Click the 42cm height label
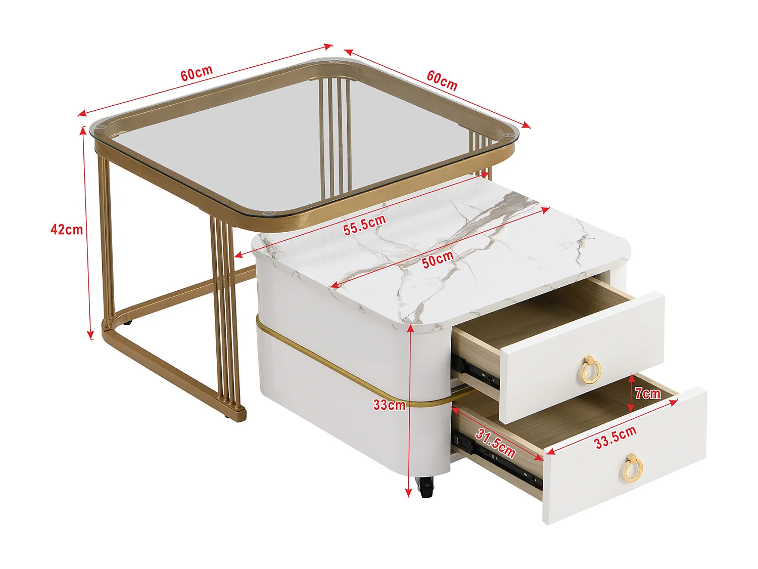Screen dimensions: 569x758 66,230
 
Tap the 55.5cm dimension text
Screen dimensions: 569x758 364,225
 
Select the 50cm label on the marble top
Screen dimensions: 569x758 438,259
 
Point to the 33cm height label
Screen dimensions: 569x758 389,405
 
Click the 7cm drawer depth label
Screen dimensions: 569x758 647,393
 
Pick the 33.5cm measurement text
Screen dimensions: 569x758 615,437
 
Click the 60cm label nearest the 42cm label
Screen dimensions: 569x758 197,73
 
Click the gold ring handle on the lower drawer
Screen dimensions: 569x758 631,467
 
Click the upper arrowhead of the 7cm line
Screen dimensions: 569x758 631,378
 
